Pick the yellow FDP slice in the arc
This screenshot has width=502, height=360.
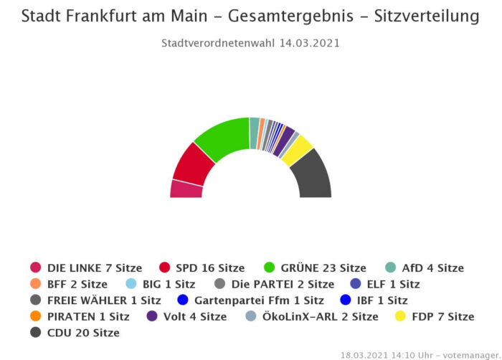pyautogui.click(x=297, y=149)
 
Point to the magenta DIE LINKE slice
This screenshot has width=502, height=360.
pyautogui.click(x=186, y=189)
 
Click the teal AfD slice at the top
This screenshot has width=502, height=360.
pyautogui.click(x=254, y=123)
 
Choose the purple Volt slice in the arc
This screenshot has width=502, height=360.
pyautogui.click(x=285, y=138)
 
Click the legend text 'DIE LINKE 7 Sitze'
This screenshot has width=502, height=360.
pyautogui.click(x=95, y=268)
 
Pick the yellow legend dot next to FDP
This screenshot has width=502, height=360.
pyautogui.click(x=401, y=316)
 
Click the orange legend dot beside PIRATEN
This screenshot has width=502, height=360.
pyautogui.click(x=36, y=316)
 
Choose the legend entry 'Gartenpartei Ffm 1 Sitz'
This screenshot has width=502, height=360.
pyautogui.click(x=259, y=300)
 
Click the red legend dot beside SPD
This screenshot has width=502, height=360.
pyautogui.click(x=165, y=268)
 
